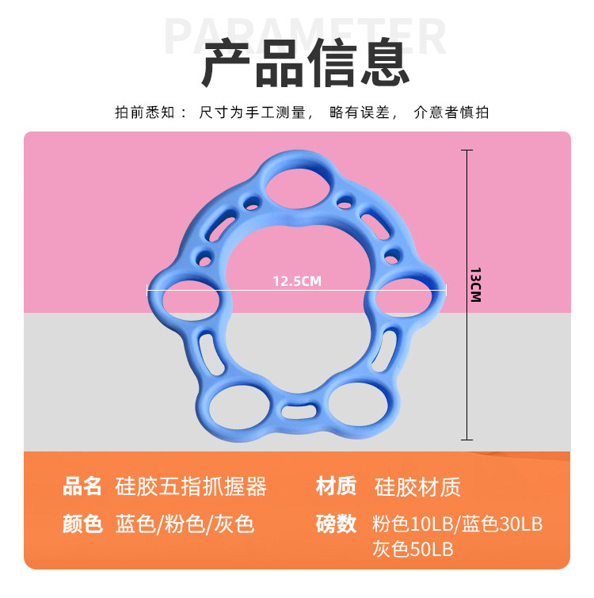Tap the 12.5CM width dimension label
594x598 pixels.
(297, 280)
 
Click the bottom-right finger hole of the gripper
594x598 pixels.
(353, 401)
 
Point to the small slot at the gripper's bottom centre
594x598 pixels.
(297, 413)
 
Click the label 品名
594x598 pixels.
(83, 486)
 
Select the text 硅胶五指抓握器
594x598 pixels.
(191, 486)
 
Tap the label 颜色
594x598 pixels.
(83, 524)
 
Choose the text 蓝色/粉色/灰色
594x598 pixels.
(185, 524)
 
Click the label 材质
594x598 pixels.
(336, 486)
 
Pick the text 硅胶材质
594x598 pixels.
(417, 486)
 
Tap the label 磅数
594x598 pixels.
(336, 524)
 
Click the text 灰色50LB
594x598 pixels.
(413, 548)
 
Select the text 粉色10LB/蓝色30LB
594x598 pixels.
(458, 524)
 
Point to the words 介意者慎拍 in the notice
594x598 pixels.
(451, 112)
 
